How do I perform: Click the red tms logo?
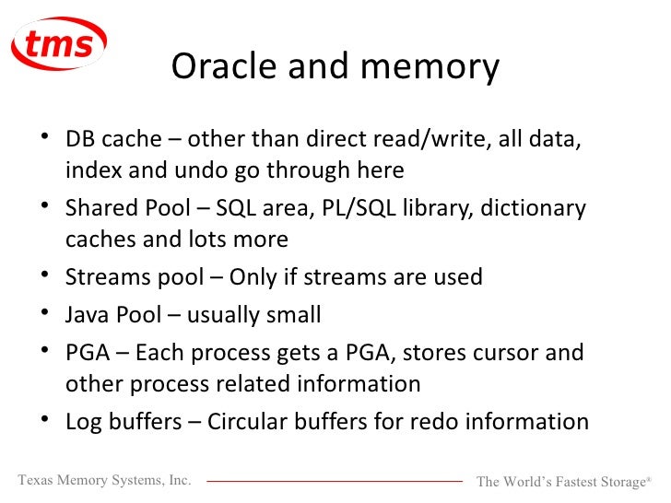(59, 43)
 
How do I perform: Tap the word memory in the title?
(435, 66)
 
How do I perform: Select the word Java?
(88, 316)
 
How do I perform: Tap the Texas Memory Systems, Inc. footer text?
(104, 480)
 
